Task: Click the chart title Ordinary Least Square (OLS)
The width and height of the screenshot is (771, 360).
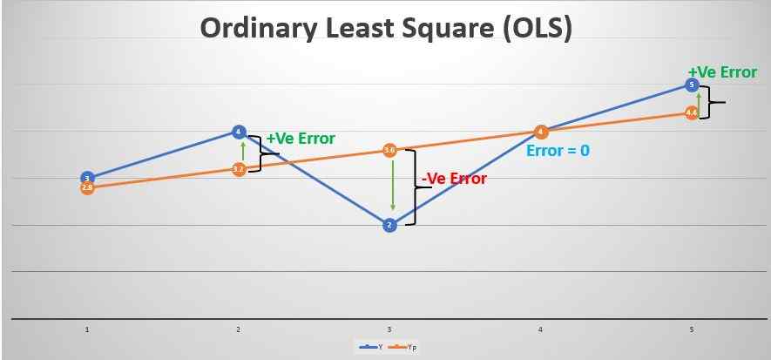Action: pos(386,28)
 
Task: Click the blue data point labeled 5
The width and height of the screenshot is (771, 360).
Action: pos(692,85)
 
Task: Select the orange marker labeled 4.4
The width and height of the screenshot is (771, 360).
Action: pos(692,112)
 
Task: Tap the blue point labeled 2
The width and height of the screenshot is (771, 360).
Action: pos(389,225)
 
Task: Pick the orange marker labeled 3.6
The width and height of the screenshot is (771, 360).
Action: pos(389,151)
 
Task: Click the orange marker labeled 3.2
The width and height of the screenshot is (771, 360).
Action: pos(239,169)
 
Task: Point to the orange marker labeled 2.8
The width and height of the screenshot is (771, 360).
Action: pos(87,187)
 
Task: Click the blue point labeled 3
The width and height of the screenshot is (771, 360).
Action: pos(87,177)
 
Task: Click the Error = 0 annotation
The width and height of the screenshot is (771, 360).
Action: pos(558,151)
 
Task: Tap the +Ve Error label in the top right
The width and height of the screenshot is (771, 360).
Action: pos(722,72)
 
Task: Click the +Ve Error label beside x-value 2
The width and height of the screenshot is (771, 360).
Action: pos(301,139)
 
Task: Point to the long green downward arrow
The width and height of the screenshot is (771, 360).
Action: pos(394,184)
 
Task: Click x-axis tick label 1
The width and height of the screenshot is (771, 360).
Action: pos(87,330)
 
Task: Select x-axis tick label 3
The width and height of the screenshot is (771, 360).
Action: pos(389,330)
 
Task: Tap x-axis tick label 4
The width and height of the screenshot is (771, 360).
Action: pos(540,330)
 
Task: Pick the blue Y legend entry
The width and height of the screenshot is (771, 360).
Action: pos(369,347)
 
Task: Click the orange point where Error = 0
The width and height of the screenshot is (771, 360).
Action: pos(541,132)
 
